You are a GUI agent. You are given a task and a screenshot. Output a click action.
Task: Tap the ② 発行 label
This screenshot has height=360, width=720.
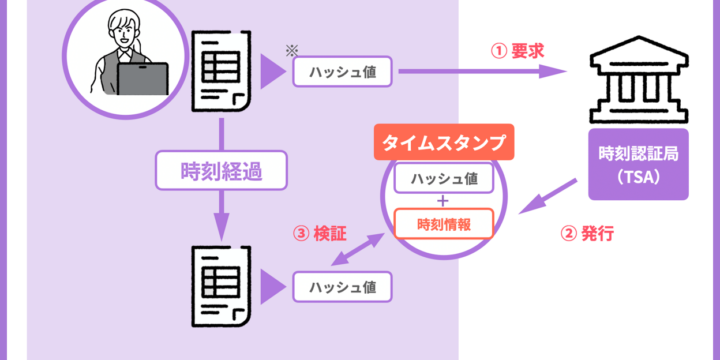click(x=585, y=236)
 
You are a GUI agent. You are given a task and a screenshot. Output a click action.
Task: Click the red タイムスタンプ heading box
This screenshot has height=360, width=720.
click(x=443, y=142)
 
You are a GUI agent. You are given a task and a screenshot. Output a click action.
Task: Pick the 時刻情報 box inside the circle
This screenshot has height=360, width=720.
click(x=443, y=224)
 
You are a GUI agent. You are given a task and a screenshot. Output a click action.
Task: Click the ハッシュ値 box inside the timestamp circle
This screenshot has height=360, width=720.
click(x=443, y=180)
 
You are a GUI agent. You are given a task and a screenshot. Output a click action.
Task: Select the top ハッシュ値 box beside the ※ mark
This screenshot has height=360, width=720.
click(x=342, y=72)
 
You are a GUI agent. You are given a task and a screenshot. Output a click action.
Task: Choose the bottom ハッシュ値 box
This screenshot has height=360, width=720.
click(x=342, y=287)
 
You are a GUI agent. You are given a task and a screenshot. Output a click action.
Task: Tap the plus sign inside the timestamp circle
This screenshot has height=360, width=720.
click(x=443, y=202)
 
